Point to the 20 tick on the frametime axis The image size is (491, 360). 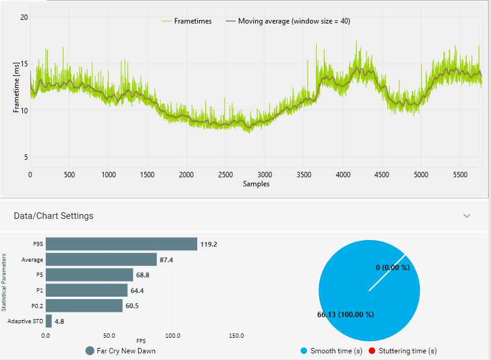pos(24,17)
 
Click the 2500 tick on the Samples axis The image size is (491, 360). pos(226,175)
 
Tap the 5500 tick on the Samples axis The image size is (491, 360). pos(460,175)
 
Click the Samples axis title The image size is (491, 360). pos(256,184)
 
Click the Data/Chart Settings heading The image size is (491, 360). pos(54,215)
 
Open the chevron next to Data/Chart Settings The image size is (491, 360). pos(466,215)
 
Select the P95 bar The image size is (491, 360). pos(121,244)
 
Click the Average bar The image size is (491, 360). pos(101,259)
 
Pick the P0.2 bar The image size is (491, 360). pos(84,306)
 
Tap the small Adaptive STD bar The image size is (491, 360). pos(49,321)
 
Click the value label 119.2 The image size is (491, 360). pos(209,244)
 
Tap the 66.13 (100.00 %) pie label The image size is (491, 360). pos(346,314)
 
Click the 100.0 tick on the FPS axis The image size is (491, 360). pos(173,335)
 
